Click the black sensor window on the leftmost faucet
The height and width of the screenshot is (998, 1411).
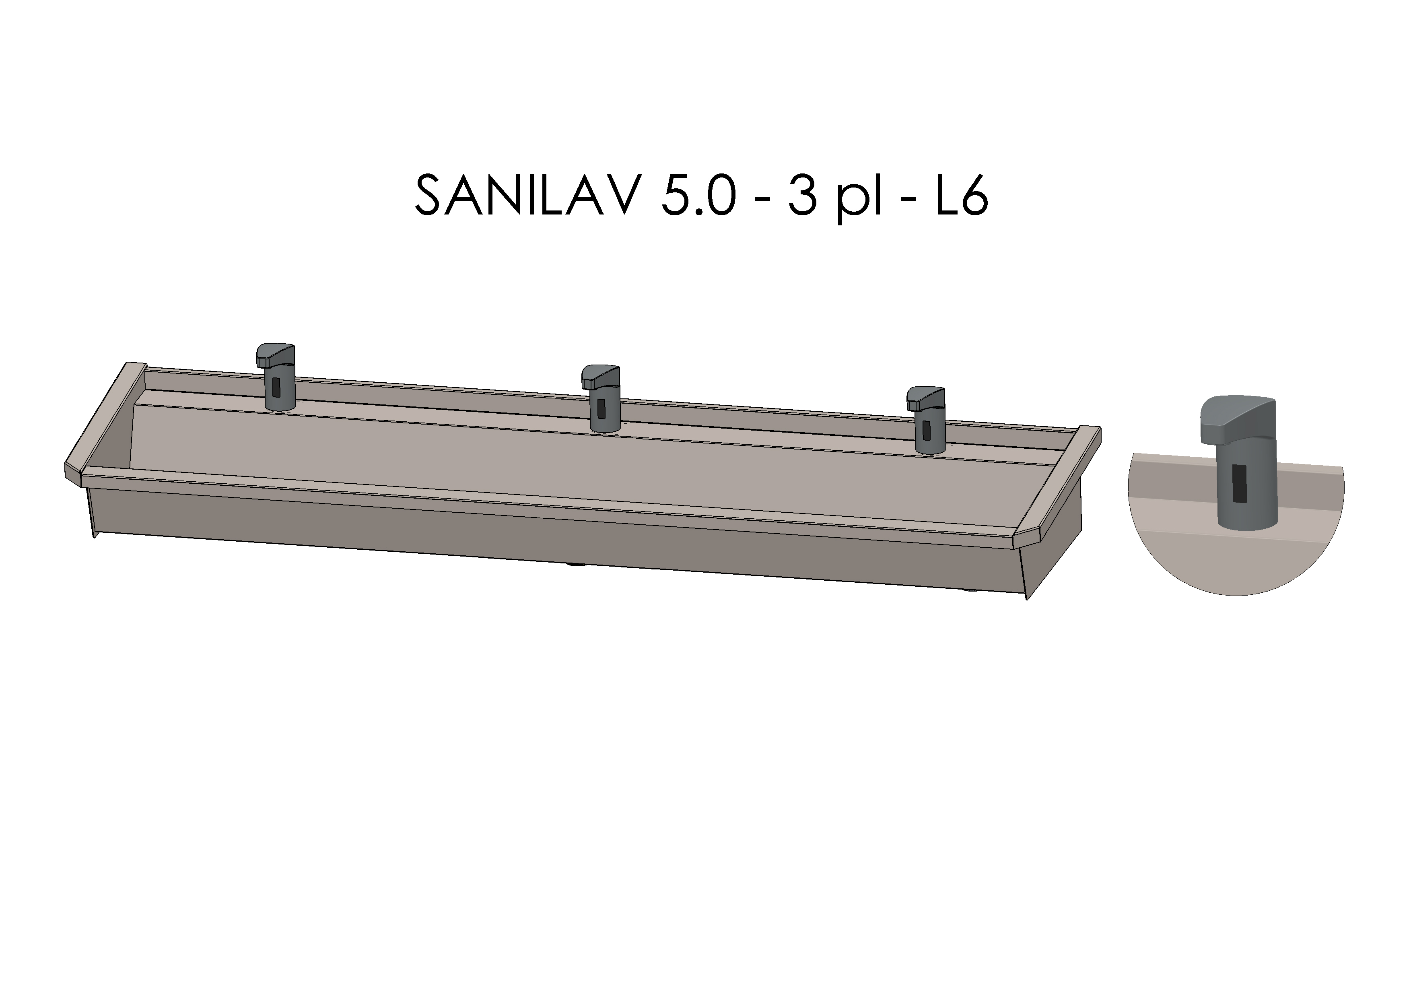point(276,387)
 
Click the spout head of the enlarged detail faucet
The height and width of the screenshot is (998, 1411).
point(1235,418)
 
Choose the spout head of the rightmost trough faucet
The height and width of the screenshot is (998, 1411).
point(925,398)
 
